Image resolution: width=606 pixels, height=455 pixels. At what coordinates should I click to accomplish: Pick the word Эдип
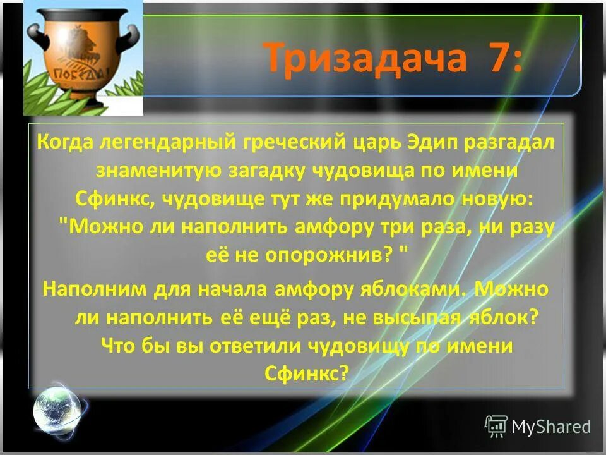427,143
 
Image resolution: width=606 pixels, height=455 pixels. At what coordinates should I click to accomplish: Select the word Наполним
92,290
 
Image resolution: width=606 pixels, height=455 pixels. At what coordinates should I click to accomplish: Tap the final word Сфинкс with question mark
308,373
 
